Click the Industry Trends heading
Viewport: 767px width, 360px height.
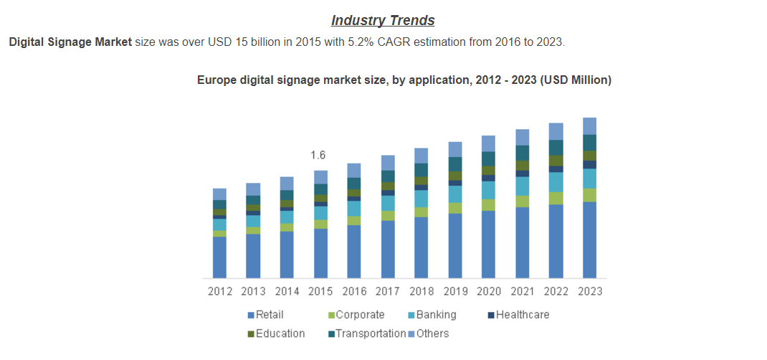383,20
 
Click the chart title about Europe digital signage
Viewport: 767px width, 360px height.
404,80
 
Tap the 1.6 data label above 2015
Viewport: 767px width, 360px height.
318,155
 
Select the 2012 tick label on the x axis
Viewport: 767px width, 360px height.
220,291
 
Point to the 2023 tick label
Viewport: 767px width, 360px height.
590,291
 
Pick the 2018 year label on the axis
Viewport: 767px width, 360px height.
421,291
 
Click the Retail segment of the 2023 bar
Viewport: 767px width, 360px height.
590,240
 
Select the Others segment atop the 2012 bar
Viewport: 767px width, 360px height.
220,194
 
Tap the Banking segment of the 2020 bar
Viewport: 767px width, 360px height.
489,190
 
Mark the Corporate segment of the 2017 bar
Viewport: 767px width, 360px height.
388,216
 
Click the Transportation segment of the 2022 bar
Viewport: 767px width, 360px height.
556,148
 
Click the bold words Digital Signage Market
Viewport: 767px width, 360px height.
70,42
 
